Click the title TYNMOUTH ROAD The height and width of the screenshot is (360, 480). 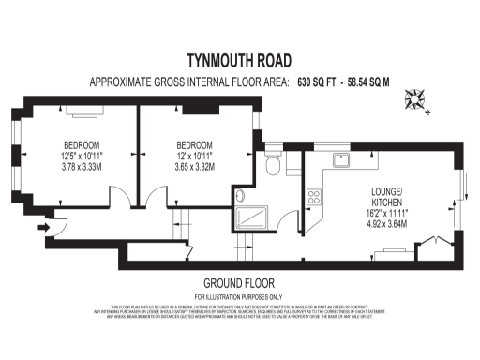pos(239,60)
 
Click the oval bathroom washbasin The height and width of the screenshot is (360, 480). pos(238,196)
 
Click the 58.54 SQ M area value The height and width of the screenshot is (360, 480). pos(378,82)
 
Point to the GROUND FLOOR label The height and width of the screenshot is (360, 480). pos(239,283)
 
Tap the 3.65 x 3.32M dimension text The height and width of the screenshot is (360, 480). pos(196,167)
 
